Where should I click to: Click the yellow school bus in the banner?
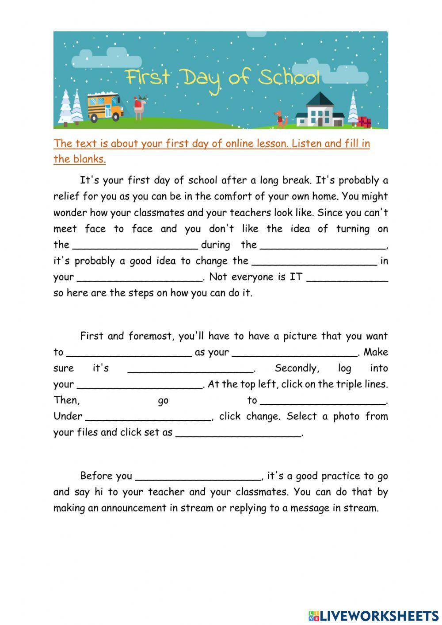coord(105,107)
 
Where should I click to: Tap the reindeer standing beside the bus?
coord(140,107)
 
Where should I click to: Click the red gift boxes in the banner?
coord(365,122)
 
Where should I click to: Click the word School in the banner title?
coord(289,78)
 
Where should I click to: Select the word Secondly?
coord(297,368)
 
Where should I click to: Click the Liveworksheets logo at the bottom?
coord(373,615)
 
